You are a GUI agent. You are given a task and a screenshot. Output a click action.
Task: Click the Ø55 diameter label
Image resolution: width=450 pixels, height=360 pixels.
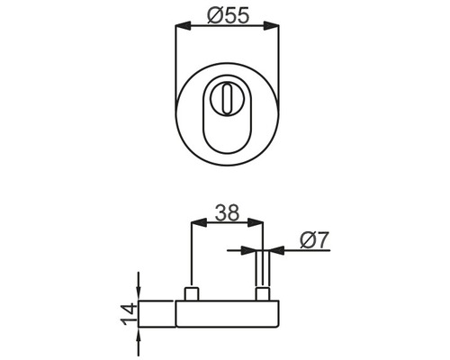point(225,14)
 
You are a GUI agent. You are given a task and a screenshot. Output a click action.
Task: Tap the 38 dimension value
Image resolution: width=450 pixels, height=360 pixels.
point(226,214)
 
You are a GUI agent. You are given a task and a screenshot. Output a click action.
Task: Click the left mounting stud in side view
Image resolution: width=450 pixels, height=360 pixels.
point(193,293)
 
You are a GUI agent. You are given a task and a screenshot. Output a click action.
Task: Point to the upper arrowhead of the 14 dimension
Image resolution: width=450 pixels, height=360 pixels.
point(138,293)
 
